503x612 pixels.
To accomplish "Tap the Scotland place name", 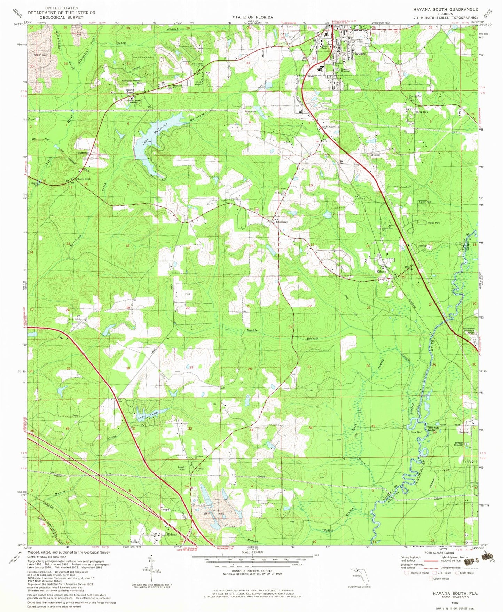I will click(x=282, y=222).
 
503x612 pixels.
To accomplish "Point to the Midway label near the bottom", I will click(x=172, y=534).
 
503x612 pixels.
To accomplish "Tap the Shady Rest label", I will click(x=83, y=179).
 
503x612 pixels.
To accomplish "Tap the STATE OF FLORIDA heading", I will click(x=253, y=17).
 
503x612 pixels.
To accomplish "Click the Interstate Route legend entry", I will click(x=416, y=573).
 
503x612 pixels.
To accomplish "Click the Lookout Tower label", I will click(x=130, y=91).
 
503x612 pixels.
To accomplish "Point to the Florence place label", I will click(x=83, y=153).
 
